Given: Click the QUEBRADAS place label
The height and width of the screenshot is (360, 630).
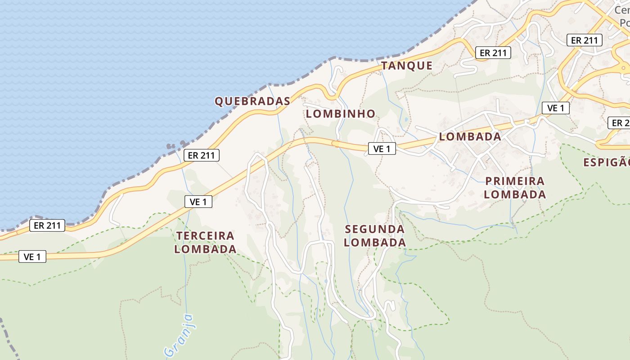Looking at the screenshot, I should click(252, 101).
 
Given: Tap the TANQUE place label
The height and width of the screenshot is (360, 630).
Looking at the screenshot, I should click(407, 66).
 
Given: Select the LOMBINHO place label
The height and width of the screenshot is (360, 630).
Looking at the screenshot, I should click(340, 114).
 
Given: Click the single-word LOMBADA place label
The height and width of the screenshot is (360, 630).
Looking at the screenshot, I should click(470, 137).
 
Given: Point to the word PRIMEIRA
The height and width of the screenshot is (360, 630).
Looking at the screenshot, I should click(515, 181).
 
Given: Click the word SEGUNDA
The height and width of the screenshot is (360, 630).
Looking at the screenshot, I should click(375, 229).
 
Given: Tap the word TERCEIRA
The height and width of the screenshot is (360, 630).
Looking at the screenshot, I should click(205, 236).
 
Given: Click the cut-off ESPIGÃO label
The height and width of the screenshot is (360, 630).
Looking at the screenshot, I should click(606, 162).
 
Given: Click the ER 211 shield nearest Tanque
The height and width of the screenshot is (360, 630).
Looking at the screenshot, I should click(493, 53).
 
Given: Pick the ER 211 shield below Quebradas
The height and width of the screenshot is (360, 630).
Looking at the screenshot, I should click(201, 156).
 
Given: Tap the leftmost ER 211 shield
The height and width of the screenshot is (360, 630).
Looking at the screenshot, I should click(47, 225).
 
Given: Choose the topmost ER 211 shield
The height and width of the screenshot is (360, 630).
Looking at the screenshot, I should click(584, 40).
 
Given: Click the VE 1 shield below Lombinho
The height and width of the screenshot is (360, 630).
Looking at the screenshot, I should click(382, 148).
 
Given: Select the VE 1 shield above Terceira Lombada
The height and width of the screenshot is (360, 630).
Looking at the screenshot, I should click(198, 202).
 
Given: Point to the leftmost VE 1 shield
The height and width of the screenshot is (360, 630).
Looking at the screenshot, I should click(32, 257).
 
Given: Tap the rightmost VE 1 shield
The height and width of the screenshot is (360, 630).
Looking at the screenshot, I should click(555, 108).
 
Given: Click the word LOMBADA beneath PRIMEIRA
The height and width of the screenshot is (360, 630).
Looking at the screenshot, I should click(515, 195).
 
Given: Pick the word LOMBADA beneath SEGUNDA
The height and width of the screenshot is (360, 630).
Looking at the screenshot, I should click(375, 243).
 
